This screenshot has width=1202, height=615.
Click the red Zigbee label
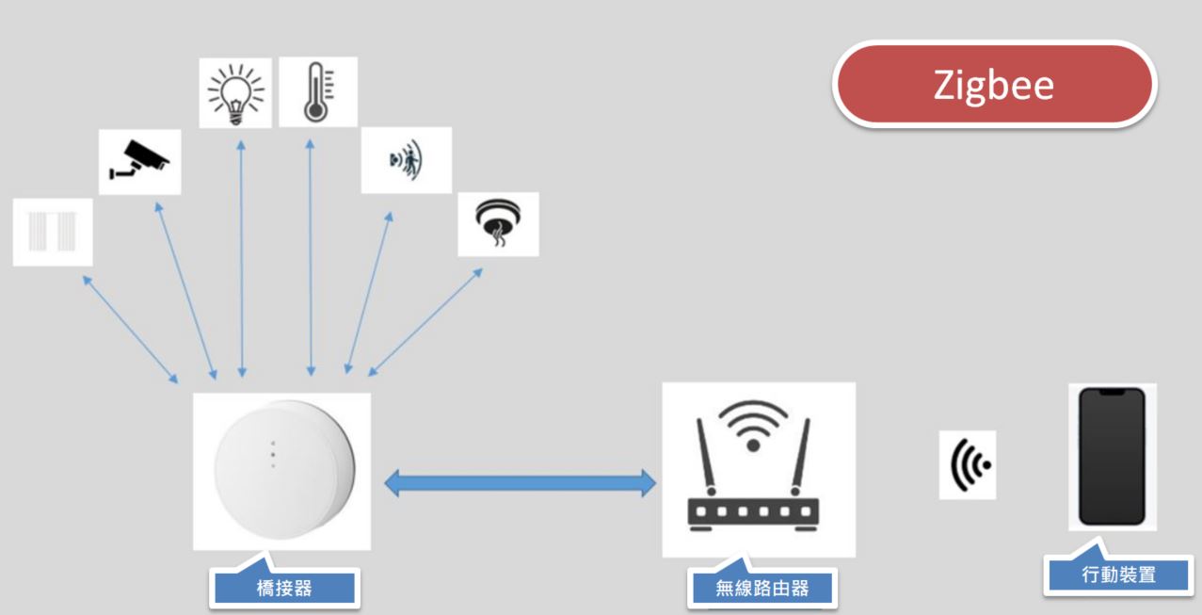pos(994,85)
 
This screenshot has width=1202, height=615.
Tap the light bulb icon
pos(235,93)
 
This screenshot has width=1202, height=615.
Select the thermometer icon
pos(318,92)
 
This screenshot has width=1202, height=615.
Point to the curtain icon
pos(53,232)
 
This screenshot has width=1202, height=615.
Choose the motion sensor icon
pos(407,160)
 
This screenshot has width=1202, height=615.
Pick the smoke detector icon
pos(498,223)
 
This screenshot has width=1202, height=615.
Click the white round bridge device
pos(283,469)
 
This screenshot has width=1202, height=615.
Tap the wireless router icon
pos(753,466)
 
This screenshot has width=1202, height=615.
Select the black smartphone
pos(1113,456)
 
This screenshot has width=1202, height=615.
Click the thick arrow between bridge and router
pos(520,483)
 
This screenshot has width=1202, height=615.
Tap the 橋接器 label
pos(284,588)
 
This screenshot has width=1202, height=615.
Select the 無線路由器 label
pos(762,588)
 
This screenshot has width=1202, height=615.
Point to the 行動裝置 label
pos(1119,575)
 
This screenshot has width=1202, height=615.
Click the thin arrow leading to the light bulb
pos(242,259)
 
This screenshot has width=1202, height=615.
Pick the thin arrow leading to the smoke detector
pos(425,322)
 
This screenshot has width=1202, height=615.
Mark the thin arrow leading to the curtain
pos(130,330)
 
